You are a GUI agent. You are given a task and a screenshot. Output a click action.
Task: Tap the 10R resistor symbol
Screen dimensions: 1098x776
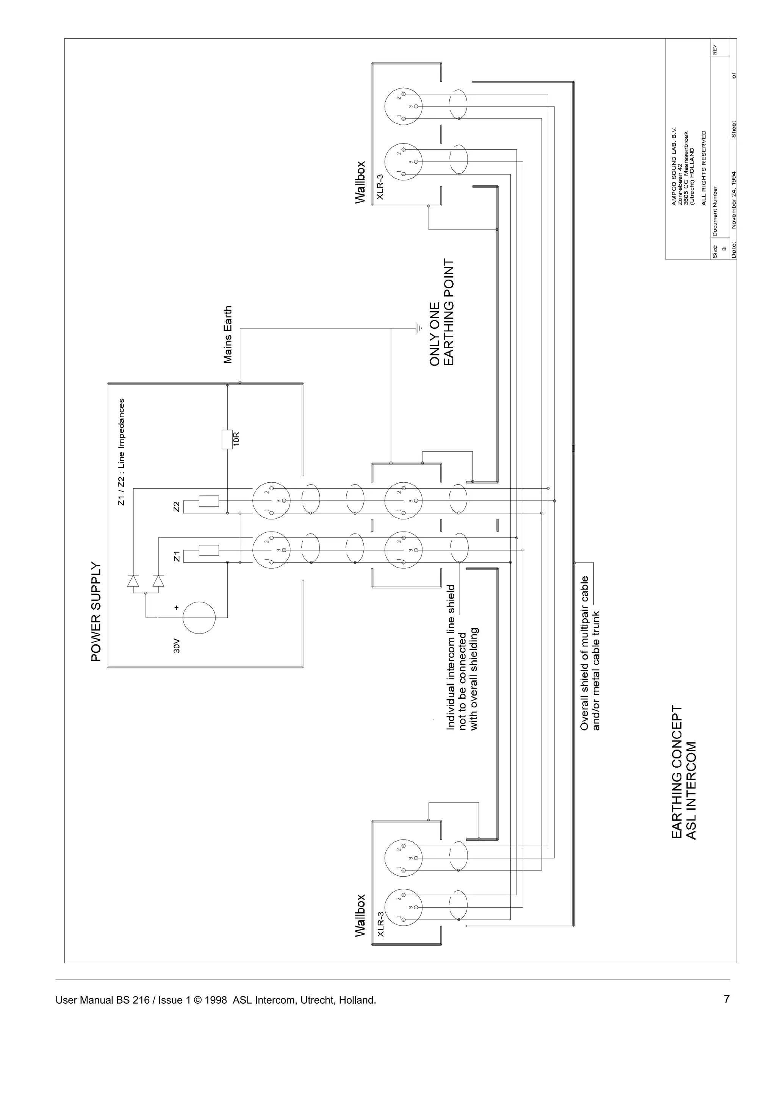point(227,439)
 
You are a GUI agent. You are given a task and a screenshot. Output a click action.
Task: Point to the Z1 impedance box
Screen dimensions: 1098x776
point(208,550)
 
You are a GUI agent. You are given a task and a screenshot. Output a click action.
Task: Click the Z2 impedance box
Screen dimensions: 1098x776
point(208,501)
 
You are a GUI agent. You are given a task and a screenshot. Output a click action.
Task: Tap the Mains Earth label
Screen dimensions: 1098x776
point(228,335)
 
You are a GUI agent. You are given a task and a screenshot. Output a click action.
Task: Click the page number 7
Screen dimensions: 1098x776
point(726,999)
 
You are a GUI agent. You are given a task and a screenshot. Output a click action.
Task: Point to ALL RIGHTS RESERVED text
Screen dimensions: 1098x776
point(703,167)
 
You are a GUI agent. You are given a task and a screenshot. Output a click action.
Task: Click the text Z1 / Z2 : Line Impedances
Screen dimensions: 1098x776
point(122,452)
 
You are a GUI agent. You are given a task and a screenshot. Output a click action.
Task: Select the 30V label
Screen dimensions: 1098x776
point(177,648)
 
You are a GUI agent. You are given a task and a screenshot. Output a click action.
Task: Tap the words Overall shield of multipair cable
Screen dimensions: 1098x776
point(584,653)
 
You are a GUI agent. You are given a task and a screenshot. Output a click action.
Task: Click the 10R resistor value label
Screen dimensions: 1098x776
point(236,439)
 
